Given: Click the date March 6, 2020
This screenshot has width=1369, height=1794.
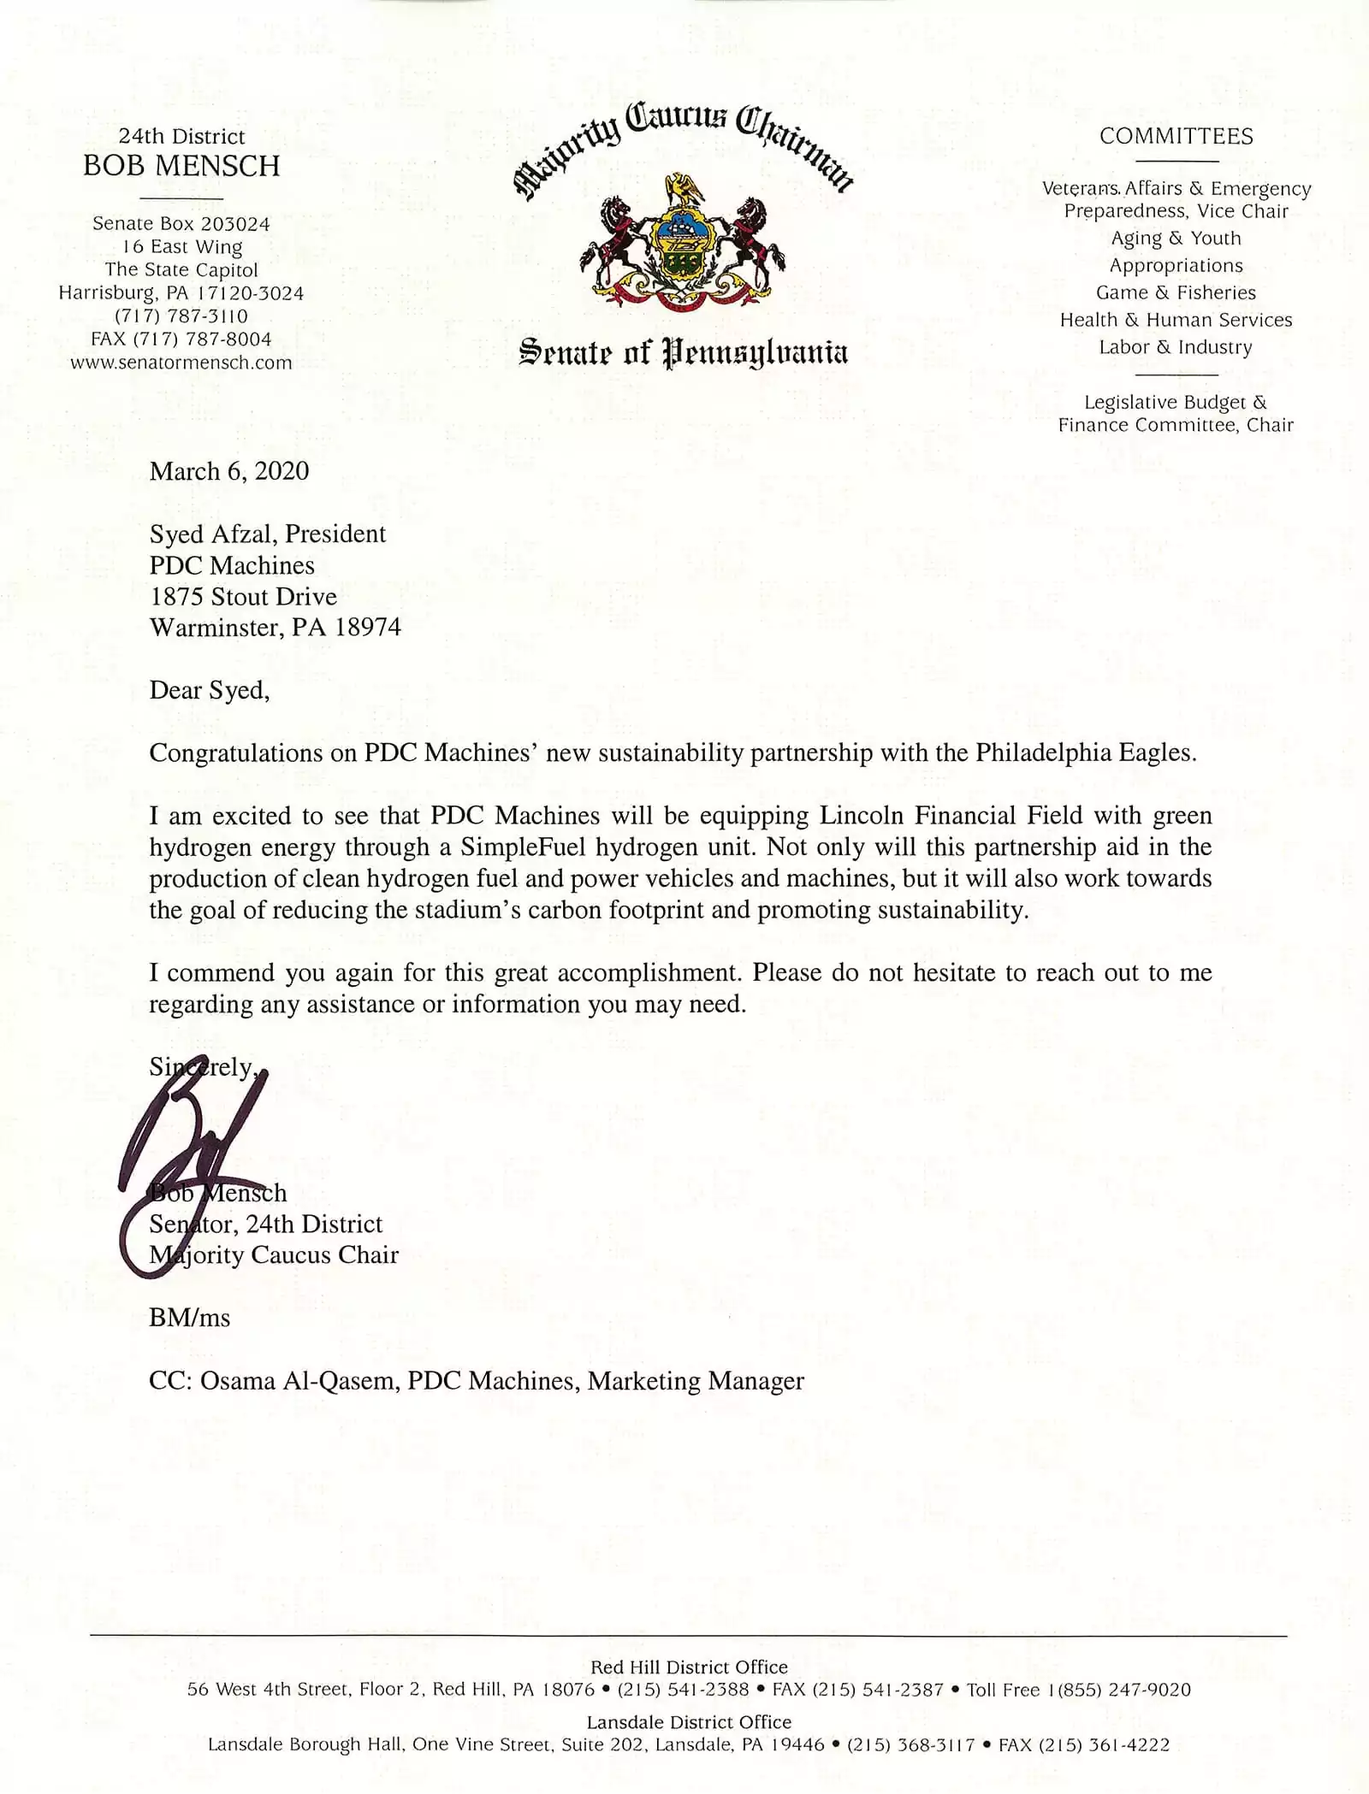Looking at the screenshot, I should click(229, 471).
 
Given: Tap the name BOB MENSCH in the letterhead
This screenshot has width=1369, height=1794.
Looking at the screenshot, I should click(181, 166).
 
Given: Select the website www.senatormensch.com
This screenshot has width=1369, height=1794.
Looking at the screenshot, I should click(181, 363).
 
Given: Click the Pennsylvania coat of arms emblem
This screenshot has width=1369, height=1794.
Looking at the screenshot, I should click(682, 244).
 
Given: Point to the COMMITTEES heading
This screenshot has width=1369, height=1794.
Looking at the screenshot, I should click(1176, 137).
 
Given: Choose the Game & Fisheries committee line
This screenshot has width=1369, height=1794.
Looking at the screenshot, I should click(1176, 292).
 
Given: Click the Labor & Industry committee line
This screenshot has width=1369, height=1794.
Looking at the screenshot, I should click(1176, 347).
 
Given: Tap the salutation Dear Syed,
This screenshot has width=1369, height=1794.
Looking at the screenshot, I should click(210, 690).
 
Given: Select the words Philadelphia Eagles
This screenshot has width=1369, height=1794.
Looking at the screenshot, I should click(1083, 752).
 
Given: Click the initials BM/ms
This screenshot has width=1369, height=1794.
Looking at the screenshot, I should click(190, 1318).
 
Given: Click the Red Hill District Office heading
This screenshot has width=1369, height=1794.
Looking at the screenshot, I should click(689, 1667).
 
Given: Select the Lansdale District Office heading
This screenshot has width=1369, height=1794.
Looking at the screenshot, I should click(689, 1721).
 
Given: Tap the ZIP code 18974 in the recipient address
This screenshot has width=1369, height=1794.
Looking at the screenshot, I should click(368, 628).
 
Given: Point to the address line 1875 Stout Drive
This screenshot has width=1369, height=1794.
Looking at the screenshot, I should click(244, 596).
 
